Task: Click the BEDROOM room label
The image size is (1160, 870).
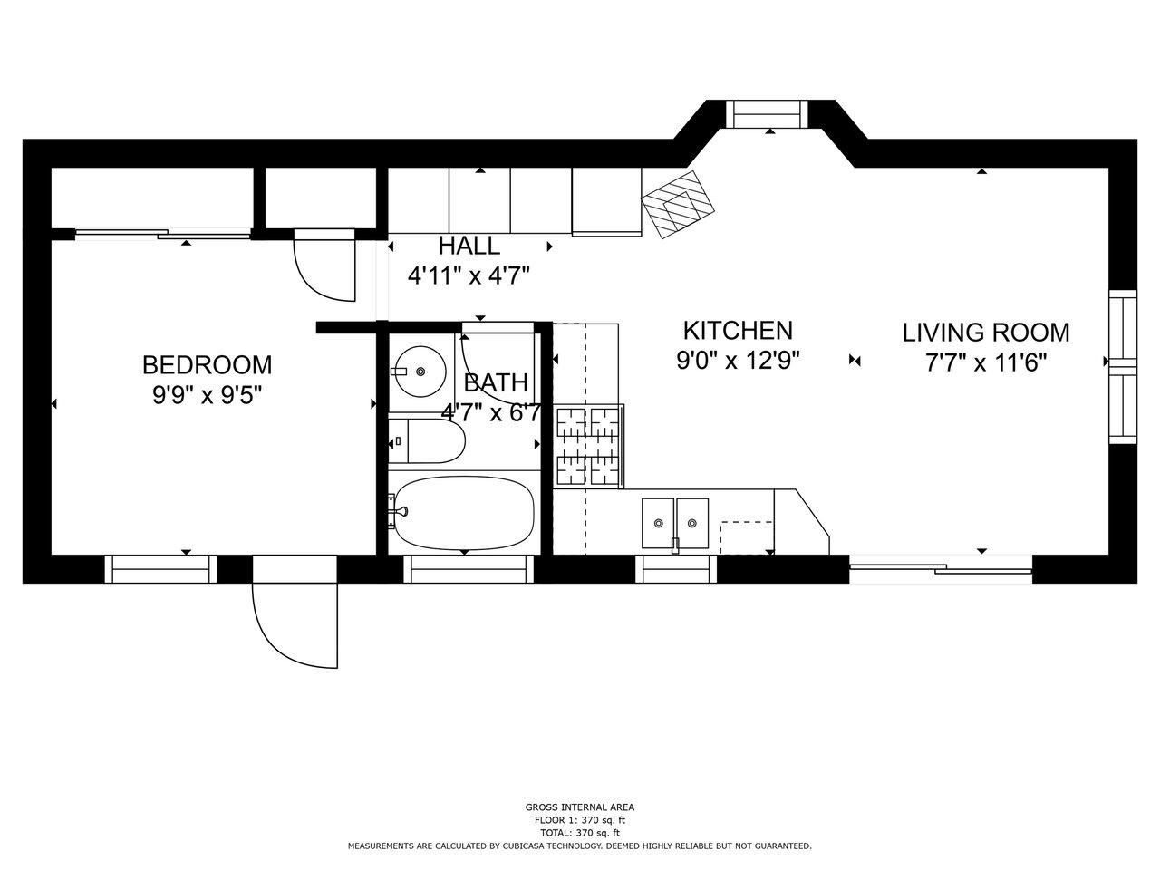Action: [x=208, y=365]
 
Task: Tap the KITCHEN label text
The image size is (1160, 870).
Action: [x=738, y=331]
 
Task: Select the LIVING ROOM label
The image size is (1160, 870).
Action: [x=986, y=333]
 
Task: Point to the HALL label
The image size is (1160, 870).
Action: [x=469, y=246]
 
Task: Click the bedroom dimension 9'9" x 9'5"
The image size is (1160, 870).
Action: [x=208, y=394]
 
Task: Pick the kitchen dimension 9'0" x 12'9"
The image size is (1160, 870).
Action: [x=738, y=361]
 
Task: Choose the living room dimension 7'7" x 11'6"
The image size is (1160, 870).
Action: [x=986, y=362]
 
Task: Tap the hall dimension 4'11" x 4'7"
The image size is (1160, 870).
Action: [x=469, y=275]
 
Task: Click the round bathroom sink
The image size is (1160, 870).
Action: [x=421, y=372]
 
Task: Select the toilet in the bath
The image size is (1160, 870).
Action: [x=427, y=441]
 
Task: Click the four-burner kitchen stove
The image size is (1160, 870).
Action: [x=588, y=447]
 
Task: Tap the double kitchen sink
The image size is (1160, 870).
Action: [x=675, y=524]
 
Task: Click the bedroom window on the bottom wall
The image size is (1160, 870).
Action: [x=160, y=569]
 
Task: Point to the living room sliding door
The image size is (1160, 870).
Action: [x=941, y=570]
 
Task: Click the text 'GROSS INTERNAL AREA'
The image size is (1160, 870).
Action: [x=580, y=807]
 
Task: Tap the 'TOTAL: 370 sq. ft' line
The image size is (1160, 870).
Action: [x=580, y=833]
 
